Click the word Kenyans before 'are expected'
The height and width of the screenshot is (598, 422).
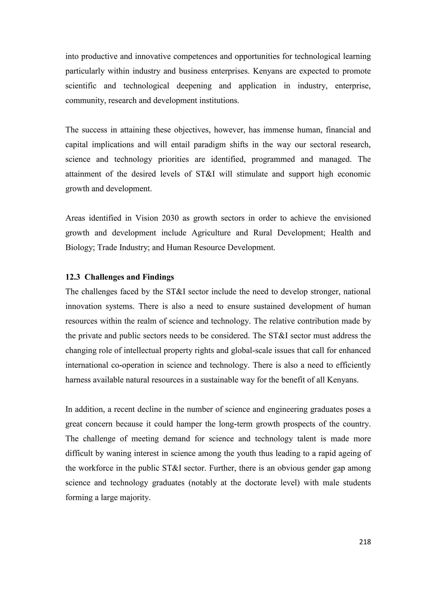[267, 71]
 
